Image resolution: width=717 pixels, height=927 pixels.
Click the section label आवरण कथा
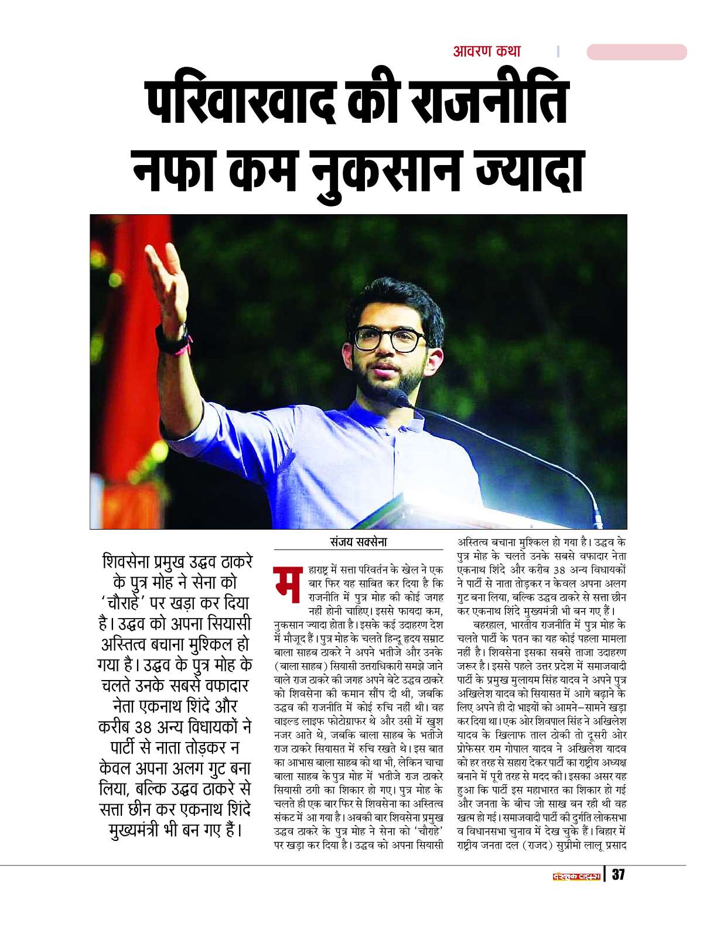pyautogui.click(x=486, y=51)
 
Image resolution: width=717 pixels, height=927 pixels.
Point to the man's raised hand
pyautogui.click(x=168, y=275)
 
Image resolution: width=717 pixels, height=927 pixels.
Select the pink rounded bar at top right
pyautogui.click(x=636, y=52)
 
